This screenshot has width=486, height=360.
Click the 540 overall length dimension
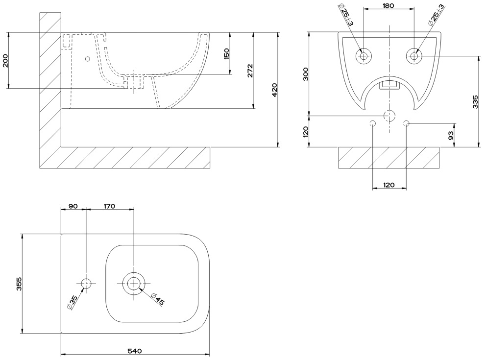coord(135,351)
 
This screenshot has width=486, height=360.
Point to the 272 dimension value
coord(249,70)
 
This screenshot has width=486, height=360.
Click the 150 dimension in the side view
coord(226,53)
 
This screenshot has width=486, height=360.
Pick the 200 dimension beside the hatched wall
coord(5,60)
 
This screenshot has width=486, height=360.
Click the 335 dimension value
coord(475,101)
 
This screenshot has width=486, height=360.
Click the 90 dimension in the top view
coord(73,206)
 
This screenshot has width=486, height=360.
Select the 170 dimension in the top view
coord(109,206)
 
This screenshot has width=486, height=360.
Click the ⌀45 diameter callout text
coord(158,298)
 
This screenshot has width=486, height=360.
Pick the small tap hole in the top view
coord(86,283)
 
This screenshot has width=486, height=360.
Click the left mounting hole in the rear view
coord(364,56)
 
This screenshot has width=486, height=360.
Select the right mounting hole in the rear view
coord(414,56)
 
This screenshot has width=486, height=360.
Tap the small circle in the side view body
coord(88,59)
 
